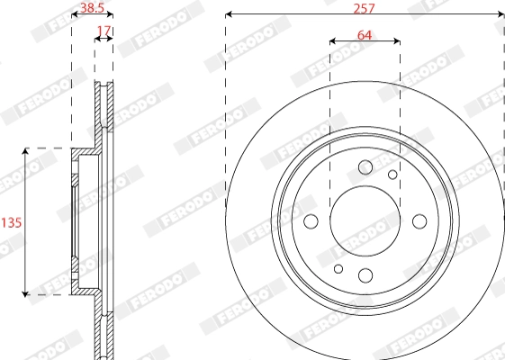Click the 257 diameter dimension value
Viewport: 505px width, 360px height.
point(365,7)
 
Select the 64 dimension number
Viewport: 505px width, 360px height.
point(365,35)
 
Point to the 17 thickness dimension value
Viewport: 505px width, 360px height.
point(104,31)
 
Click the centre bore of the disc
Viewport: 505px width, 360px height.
point(365,221)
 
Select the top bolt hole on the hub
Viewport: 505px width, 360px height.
point(365,167)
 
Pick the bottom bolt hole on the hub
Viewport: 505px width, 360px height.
point(365,276)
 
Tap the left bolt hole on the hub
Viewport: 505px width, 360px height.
point(311,221)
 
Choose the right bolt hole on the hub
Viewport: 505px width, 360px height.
point(419,221)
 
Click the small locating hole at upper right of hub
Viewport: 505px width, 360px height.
point(392,175)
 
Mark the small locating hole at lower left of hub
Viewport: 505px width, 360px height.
point(338,268)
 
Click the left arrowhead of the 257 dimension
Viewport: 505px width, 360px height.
point(229,15)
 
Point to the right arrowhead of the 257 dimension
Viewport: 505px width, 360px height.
point(500,15)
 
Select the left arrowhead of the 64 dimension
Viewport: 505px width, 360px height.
point(333,41)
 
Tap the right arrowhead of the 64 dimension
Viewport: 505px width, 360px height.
point(396,41)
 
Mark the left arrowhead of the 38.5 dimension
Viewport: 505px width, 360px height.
point(74,17)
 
